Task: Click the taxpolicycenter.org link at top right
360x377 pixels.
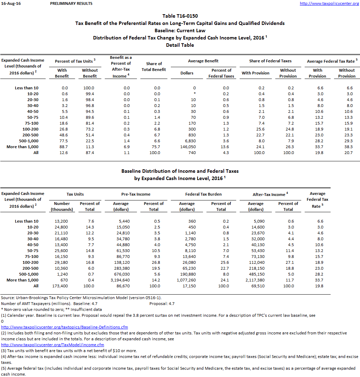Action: pos(329,3)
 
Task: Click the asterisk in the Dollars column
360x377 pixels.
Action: pos(195,94)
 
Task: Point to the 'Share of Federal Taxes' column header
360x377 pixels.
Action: pos(270,61)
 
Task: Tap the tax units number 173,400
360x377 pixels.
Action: pos(62,286)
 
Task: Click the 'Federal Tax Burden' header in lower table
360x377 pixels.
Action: pos(203,194)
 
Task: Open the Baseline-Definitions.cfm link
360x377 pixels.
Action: pos(64,327)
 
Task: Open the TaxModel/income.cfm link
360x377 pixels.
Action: pos(53,345)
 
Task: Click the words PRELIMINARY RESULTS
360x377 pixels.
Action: pos(71,3)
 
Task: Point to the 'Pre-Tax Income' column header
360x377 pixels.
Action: pos(136,194)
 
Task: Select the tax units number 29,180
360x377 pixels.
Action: pos(62,262)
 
